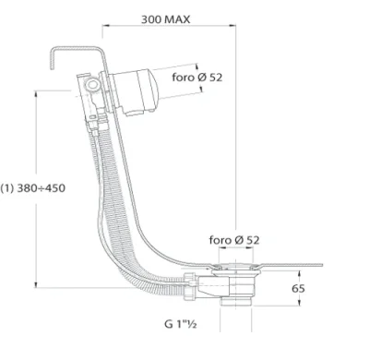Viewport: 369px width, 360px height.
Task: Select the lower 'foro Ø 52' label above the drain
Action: point(233,240)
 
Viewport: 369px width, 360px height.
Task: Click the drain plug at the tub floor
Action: point(238,268)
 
